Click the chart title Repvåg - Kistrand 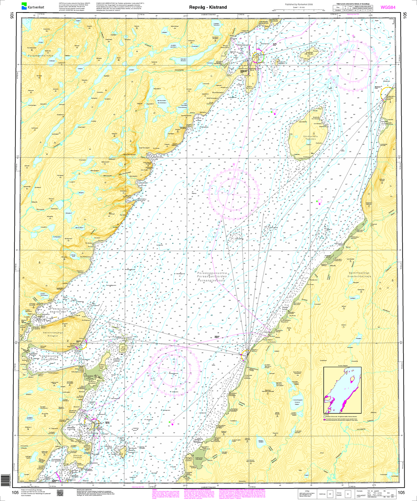pos(208,7)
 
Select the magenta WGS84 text pos(388,7)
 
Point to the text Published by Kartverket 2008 pos(299,5)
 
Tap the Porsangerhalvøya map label pos(41,55)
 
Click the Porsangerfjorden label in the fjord pos(212,276)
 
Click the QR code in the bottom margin pos(60,493)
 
